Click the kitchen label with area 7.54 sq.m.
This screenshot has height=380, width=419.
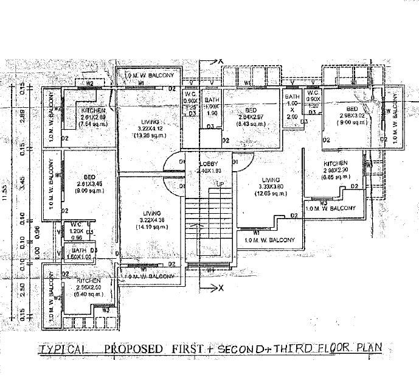(94, 116)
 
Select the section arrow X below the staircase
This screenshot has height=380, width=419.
(221, 286)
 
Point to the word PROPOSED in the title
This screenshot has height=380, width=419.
(134, 349)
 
